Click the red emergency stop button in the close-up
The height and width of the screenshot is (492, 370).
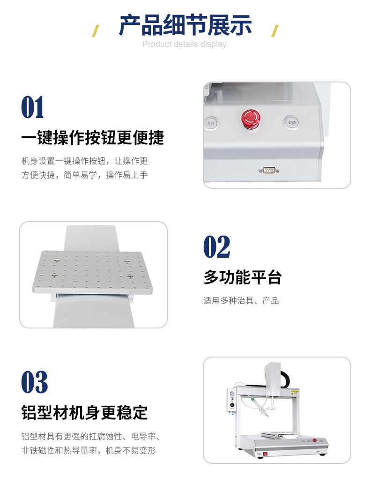point(251,118)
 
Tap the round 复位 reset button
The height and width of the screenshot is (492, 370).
point(211,123)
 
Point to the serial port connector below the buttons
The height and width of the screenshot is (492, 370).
point(269,171)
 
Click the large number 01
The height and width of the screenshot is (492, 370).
point(32,107)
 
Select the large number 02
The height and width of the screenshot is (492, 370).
point(217,246)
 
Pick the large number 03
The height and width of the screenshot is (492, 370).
point(35,382)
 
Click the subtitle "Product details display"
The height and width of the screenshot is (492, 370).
point(185,44)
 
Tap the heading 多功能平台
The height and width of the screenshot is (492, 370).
point(243,277)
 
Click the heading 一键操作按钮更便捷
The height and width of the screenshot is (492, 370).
point(93,138)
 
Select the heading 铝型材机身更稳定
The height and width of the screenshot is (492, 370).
point(84,412)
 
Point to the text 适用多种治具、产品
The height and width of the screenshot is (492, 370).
point(241,301)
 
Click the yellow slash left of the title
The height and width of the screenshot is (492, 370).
point(96,31)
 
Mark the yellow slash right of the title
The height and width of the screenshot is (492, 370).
point(274,31)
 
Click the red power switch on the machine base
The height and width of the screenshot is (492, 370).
point(265,454)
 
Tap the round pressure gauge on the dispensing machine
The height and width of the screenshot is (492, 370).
point(232,394)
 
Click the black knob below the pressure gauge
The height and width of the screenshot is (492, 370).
point(232,405)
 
